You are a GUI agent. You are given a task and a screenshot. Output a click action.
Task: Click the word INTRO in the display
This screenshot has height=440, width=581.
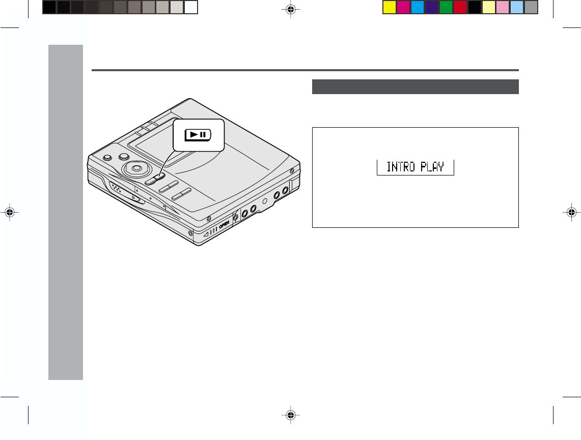tap(401, 167)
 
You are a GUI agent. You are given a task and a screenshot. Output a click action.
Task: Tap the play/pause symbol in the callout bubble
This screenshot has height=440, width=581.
tap(198, 135)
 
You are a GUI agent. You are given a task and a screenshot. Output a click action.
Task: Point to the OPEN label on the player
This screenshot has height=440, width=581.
tap(224, 224)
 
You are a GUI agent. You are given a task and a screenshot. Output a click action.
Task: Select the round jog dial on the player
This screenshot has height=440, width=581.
tap(136, 168)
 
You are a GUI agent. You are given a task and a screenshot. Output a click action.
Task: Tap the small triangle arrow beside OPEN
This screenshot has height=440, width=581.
tap(206, 234)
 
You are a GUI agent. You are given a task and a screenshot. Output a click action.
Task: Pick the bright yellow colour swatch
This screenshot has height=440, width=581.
tap(390, 8)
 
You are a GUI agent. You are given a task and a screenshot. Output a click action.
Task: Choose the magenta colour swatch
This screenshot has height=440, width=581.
tap(403, 8)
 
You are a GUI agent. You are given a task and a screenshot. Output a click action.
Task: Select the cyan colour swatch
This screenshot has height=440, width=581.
tap(418, 8)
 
